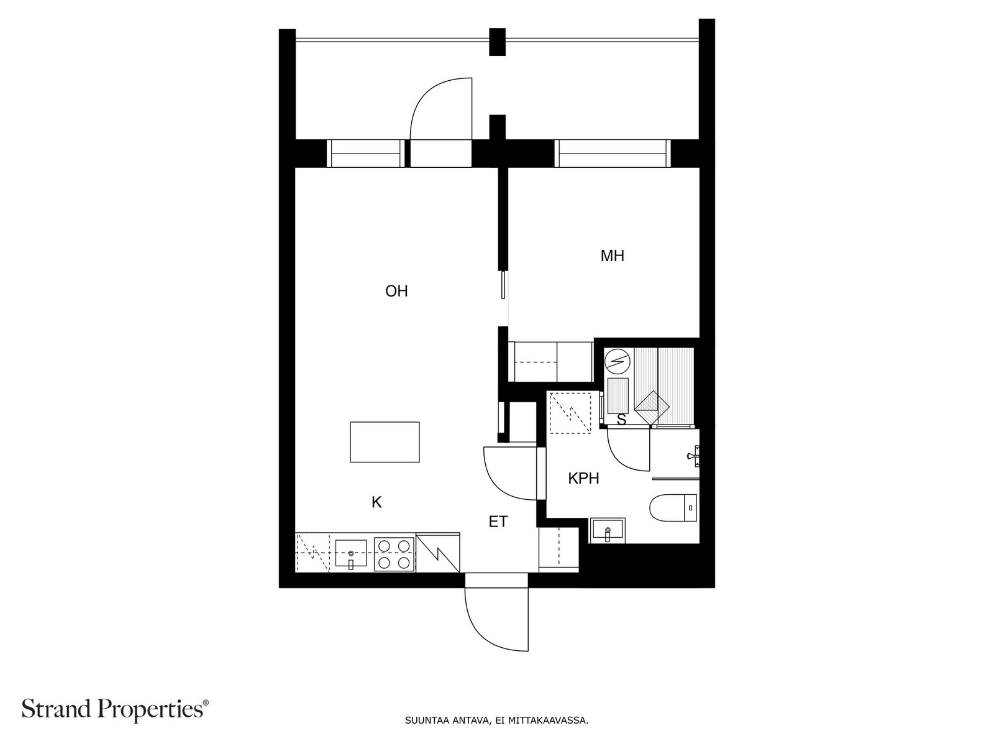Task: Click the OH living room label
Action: [x=396, y=291]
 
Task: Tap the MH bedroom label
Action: [x=612, y=256]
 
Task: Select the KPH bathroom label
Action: [x=583, y=478]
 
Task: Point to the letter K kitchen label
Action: [x=376, y=502]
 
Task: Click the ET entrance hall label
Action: [x=498, y=522]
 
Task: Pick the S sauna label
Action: [x=621, y=420]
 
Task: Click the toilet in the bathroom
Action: [x=673, y=507]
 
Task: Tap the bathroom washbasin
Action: [x=607, y=530]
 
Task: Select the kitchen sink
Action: [x=351, y=553]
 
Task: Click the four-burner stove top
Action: [x=394, y=554]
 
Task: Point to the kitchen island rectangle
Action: [x=385, y=442]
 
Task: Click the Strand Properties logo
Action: [x=115, y=709]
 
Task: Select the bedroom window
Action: [x=613, y=154]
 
